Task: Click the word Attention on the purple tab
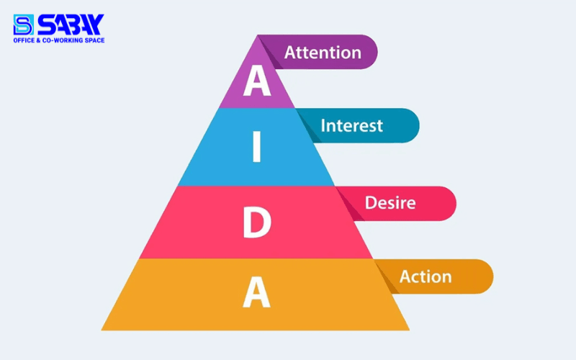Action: pos(322,53)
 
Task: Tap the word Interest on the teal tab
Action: pos(351,126)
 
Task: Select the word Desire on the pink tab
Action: pos(390,203)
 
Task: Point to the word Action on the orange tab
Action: pos(426,276)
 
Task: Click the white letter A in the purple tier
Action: pos(257,81)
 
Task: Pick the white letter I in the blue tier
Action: pos(256,148)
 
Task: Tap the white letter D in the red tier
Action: pos(256,223)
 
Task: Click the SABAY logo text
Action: pos(70,24)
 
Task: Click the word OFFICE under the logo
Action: pos(24,40)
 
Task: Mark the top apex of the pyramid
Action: pos(257,36)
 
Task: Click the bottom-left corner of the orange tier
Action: pos(103,330)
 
